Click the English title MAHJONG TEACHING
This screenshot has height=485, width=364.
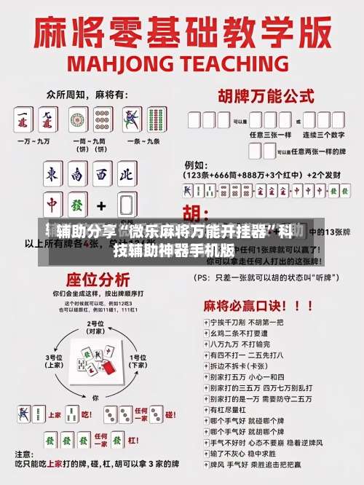click(x=182, y=63)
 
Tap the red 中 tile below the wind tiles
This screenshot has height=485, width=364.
click(x=52, y=202)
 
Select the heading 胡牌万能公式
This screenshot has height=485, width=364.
click(x=261, y=95)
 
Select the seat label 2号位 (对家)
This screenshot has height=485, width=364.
click(x=95, y=326)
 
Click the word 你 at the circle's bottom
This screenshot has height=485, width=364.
click(x=95, y=398)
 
